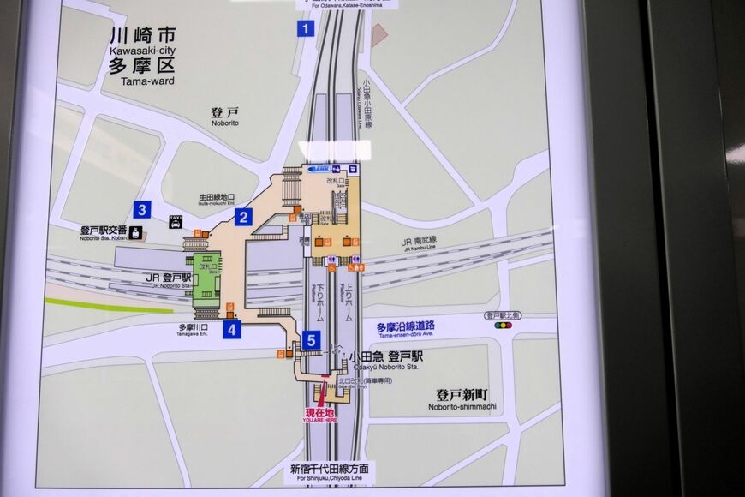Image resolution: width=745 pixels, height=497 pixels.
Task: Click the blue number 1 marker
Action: click(x=306, y=28)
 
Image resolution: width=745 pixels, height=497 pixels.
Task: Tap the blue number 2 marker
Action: click(x=243, y=217)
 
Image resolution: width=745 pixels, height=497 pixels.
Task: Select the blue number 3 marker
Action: click(x=142, y=209)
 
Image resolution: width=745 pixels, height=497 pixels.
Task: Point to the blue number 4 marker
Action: click(x=231, y=329)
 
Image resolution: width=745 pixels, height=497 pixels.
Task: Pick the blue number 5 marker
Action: click(x=311, y=340)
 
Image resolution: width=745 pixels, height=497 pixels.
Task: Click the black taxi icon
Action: click(x=176, y=221)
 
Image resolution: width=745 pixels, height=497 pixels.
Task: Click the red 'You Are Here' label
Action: click(x=320, y=416)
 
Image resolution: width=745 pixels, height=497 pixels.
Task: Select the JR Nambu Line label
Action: click(x=419, y=243)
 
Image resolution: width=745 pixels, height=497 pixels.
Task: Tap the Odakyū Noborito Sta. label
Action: click(x=385, y=361)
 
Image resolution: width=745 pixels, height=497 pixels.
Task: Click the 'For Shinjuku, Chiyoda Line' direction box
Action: click(x=329, y=472)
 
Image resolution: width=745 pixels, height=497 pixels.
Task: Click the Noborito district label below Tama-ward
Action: click(x=224, y=117)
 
